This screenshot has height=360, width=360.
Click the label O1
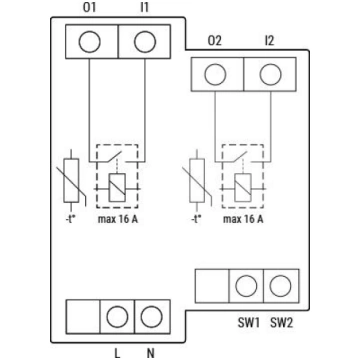(89, 8)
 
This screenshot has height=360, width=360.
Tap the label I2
(269, 41)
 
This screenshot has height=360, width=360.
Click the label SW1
(249, 323)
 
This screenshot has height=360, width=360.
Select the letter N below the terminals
(151, 353)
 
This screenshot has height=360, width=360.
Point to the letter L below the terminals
(117, 353)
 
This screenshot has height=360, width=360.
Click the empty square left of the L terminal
(83, 316)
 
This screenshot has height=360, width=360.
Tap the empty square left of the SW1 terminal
(212, 286)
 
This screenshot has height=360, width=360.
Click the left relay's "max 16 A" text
(118, 220)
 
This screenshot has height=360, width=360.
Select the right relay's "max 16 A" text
(243, 220)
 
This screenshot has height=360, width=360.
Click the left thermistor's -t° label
(72, 220)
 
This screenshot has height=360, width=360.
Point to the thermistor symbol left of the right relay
(197, 180)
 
